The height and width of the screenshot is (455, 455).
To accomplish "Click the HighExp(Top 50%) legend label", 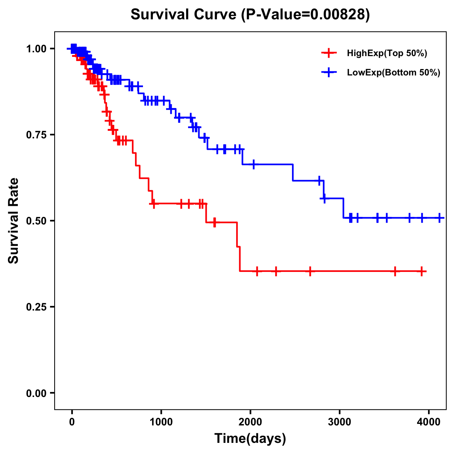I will point(387,53).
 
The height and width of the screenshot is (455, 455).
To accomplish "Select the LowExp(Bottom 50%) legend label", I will point(394,72).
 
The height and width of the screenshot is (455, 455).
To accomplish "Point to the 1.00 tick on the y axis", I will point(36,49).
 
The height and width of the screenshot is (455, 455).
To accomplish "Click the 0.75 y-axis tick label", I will point(36,135).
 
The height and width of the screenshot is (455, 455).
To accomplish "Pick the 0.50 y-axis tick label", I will point(36,221).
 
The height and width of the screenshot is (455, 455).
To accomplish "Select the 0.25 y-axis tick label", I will point(36,307).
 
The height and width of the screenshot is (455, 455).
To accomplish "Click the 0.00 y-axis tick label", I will point(36,393).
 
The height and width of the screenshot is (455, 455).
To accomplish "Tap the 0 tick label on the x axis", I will point(72,421).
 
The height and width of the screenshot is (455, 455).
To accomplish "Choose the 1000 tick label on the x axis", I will point(161,421).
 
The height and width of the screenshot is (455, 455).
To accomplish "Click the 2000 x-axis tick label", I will point(250,421).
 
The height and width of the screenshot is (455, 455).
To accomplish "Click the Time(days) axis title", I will point(250,439).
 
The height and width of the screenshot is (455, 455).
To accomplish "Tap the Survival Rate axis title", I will point(14,220).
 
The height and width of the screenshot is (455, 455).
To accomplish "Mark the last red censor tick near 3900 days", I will point(422,271).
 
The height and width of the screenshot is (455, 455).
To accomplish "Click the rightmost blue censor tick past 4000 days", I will point(439,218).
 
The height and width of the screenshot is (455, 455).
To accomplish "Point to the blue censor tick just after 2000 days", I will point(253,164).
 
